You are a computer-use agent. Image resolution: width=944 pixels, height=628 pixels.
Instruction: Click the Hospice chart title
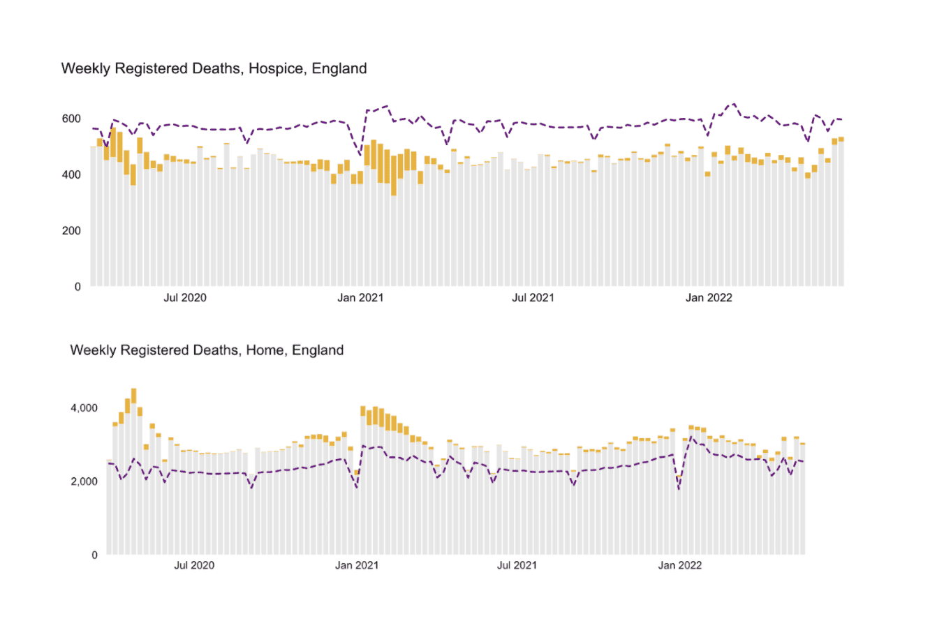coord(214,68)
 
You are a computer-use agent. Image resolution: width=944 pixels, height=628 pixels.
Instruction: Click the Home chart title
coord(207,350)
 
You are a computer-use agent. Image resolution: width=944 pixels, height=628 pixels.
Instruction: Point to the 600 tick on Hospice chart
coord(71,119)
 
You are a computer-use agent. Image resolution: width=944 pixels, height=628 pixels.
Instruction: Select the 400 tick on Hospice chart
coord(71,174)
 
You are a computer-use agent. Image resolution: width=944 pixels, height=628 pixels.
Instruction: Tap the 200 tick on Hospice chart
coord(71,231)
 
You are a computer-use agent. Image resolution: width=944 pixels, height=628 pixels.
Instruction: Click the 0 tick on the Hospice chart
coord(78,287)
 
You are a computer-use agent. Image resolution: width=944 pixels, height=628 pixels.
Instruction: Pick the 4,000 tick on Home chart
coord(84,408)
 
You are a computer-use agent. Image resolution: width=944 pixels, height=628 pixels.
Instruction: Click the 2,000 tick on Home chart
coord(84,481)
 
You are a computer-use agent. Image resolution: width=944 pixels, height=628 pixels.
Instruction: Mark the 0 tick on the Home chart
coord(95,555)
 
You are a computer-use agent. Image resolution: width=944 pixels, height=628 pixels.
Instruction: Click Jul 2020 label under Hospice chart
coord(185,298)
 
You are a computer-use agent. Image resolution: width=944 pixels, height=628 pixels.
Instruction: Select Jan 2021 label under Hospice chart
coord(360,298)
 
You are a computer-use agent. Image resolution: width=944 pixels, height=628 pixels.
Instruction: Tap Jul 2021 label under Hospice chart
coord(533,298)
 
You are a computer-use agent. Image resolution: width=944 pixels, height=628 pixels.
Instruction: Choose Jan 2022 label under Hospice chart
coord(709,298)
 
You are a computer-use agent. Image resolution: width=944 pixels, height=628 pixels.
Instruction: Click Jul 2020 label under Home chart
coord(194,565)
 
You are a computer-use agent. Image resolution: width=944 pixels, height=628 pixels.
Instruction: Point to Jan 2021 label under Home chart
coord(356,565)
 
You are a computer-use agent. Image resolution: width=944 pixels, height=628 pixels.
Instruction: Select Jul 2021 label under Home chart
coord(517,565)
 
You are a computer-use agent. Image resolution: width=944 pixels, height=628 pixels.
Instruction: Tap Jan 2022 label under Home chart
coord(679,565)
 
